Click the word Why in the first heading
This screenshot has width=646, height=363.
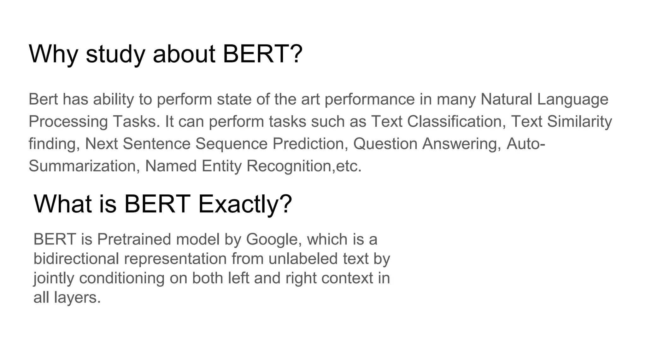pos(53,54)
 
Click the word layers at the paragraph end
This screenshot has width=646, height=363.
pos(77,297)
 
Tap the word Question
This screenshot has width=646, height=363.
pos(385,144)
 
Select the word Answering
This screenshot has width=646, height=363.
pos(461,144)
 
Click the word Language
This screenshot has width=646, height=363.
pos(573,100)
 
